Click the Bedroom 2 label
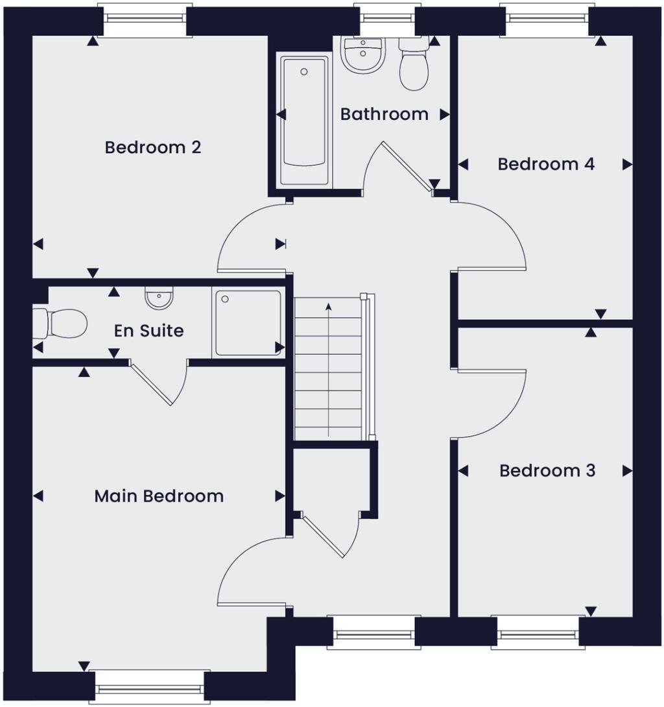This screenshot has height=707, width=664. click(x=153, y=147)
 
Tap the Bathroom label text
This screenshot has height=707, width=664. click(x=384, y=114)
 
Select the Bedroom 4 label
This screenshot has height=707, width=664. click(x=546, y=164)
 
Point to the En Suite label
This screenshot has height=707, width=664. click(x=148, y=331)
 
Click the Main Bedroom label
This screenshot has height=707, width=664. click(x=159, y=496)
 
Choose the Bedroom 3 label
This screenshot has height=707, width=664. click(x=547, y=470)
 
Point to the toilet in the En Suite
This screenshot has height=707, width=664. click(x=61, y=322)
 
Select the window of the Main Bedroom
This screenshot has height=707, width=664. click(x=150, y=686)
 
